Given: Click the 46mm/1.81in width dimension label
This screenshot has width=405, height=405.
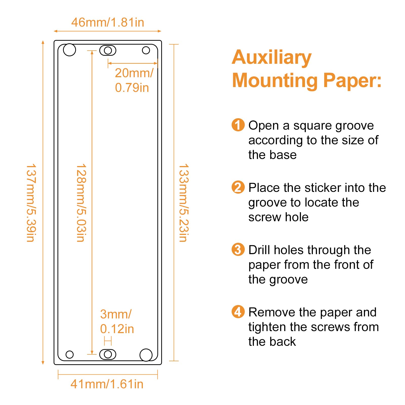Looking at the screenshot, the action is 108,22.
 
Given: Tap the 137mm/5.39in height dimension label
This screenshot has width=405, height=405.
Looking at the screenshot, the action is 31,203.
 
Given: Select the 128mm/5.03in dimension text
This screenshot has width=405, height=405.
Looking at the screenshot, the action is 81,203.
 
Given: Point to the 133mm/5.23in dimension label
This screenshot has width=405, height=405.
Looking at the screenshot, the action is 184,203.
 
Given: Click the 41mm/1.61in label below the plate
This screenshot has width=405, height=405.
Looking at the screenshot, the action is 107,384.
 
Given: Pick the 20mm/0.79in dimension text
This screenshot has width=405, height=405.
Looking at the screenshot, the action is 134,80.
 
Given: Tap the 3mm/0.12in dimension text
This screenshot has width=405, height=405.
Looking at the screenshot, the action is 117,321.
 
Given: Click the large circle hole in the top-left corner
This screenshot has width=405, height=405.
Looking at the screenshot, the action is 69,50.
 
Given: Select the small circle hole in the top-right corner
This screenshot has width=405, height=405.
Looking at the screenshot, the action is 146,50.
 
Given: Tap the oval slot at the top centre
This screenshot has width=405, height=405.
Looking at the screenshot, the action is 108,50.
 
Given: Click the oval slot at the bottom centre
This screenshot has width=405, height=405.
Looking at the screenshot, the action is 108,354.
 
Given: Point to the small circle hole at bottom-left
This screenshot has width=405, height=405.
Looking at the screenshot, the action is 70,354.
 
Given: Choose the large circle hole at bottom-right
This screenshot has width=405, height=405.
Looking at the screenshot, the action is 146,355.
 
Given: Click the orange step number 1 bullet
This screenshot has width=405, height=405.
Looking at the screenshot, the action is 238,125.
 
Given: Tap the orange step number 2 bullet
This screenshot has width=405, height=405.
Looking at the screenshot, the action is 238,187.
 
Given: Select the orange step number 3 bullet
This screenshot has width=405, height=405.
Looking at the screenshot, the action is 238,249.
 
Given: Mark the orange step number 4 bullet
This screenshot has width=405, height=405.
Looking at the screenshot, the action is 238,312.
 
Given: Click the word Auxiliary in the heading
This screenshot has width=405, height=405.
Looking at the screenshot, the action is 272,58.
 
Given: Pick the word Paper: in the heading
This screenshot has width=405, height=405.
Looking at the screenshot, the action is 353,80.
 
